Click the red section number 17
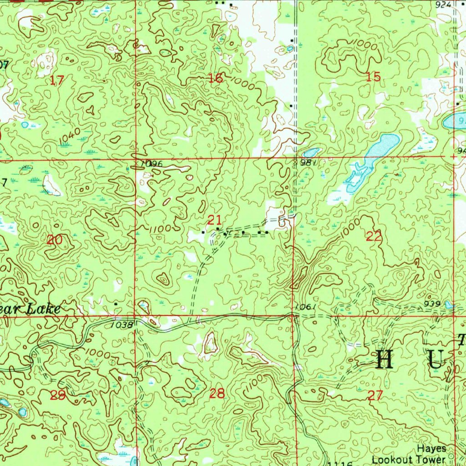[x=57, y=81]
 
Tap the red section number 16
[x=215, y=78]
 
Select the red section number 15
[x=373, y=76]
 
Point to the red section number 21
[x=214, y=221]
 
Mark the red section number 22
[x=374, y=236]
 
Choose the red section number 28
[x=217, y=394]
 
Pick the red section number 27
[x=375, y=395]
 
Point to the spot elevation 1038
[x=122, y=325]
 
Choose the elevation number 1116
[x=340, y=463]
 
